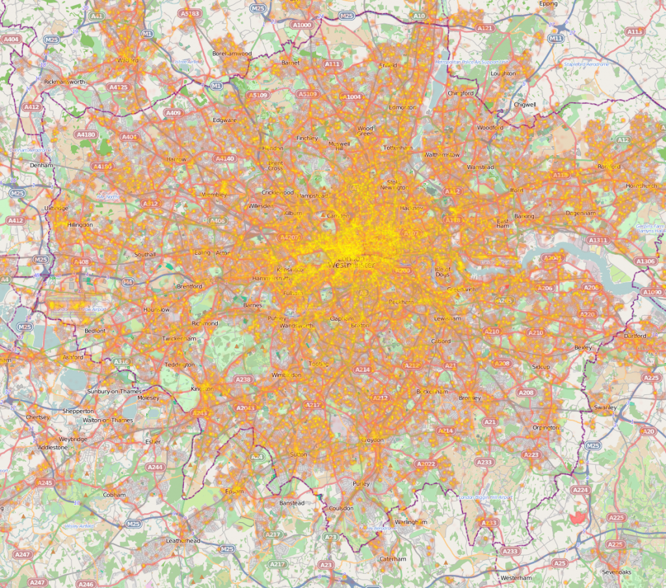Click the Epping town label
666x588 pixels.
click(548, 3)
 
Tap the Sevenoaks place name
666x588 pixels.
click(617, 572)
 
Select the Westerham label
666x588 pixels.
click(517, 578)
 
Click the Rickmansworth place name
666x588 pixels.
click(64, 82)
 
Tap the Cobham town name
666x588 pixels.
click(114, 494)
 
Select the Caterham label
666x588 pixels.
click(392, 559)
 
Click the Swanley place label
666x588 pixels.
click(605, 407)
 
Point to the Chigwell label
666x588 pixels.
click(525, 104)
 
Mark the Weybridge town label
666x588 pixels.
click(73, 439)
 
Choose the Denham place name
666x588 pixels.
click(40, 165)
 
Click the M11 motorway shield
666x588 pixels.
click(555, 39)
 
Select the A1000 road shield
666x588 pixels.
click(302, 25)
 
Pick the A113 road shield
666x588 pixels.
click(635, 31)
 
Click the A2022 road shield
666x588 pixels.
click(425, 464)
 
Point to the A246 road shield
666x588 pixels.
click(86, 584)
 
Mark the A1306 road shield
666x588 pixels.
click(645, 261)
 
